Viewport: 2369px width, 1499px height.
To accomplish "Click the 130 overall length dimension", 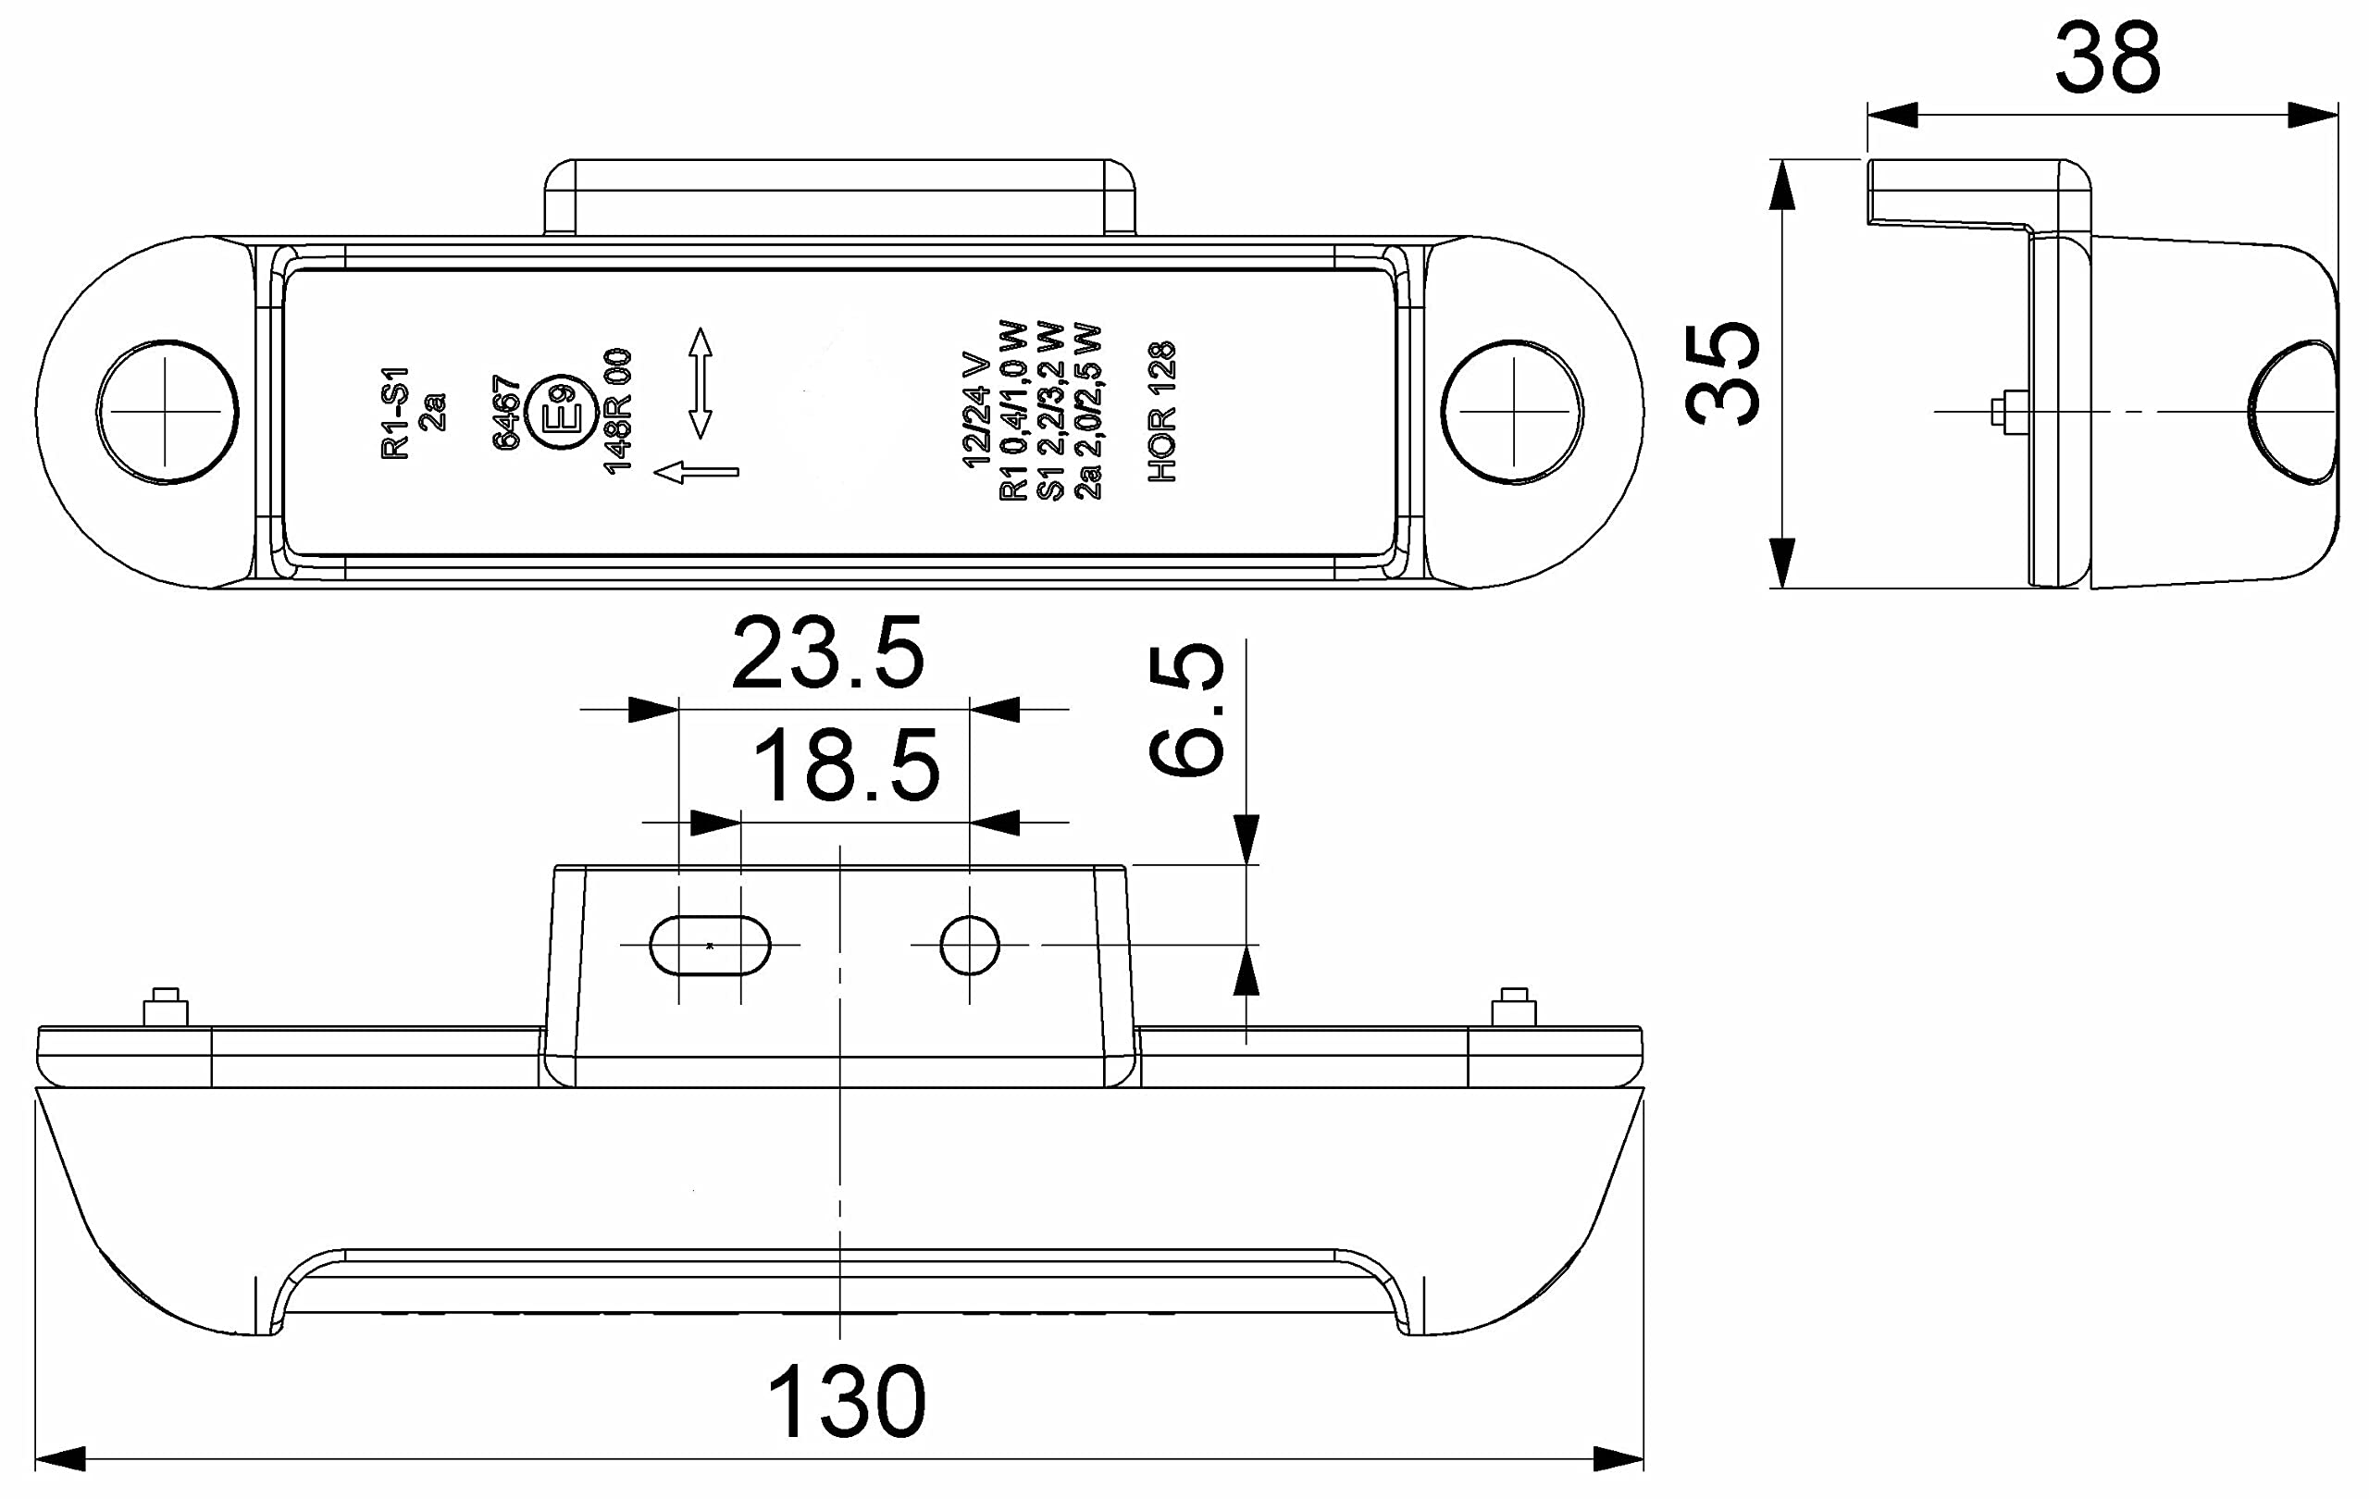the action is [x=846, y=1402].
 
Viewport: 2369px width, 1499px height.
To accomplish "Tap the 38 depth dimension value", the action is [x=2107, y=59].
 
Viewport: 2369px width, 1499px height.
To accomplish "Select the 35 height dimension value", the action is [x=1721, y=373].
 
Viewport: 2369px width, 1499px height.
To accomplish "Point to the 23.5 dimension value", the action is [x=827, y=653].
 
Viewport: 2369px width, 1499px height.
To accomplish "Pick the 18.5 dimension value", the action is [x=846, y=765].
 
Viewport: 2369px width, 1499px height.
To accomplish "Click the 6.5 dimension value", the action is [x=1185, y=710].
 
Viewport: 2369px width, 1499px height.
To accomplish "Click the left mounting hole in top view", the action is [x=167, y=412].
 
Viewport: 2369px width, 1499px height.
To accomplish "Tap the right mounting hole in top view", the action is [x=1512, y=412].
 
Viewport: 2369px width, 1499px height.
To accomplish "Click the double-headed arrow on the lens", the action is [x=700, y=383].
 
